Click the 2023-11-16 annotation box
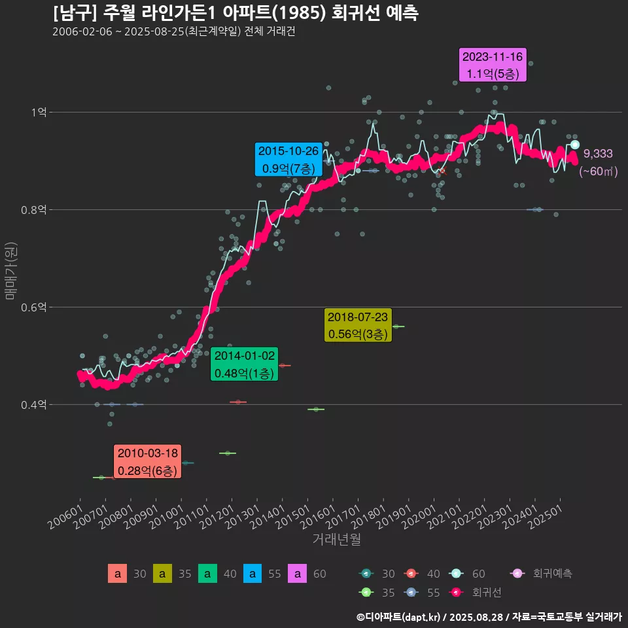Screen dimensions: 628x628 pos(493,65)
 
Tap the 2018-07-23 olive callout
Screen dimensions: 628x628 pos(357,325)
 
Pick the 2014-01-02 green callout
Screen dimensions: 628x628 pos(245,364)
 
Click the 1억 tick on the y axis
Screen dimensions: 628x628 pos(38,113)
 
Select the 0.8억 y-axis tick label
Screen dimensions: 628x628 pos(34,210)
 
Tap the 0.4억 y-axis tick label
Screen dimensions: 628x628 pos(34,405)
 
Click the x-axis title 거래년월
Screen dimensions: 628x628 pos(336,540)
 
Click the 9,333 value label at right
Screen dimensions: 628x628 pos(598,154)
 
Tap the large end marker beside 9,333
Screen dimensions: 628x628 pos(575,145)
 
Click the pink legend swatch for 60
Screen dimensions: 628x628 pos(298,574)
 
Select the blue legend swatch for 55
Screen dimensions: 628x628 pos(253,574)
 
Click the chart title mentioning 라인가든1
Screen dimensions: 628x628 pos(235,13)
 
